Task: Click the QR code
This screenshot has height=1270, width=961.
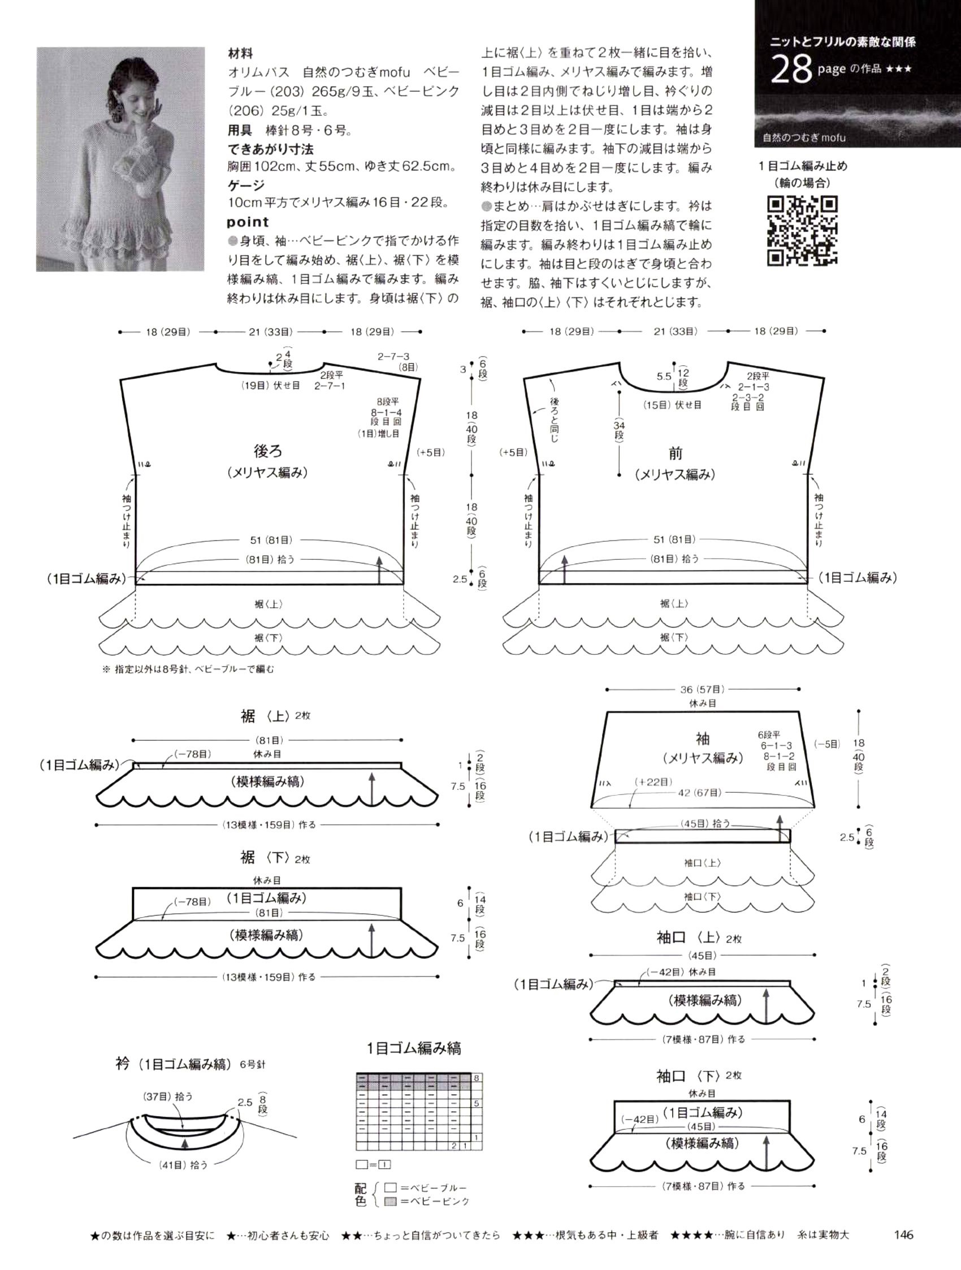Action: click(802, 231)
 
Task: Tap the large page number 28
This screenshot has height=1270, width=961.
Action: click(790, 70)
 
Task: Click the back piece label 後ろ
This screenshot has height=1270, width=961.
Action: click(268, 451)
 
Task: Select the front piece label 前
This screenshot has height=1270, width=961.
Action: click(675, 453)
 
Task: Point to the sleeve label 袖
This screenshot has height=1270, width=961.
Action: click(702, 738)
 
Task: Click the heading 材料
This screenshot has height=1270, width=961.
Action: click(240, 54)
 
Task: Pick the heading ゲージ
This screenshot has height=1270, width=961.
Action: click(246, 185)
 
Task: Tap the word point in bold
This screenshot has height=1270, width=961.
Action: click(248, 222)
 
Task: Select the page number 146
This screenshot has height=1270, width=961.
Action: click(903, 1234)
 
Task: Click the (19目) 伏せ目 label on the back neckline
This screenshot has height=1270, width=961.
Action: click(270, 386)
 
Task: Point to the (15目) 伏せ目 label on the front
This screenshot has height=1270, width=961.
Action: click(672, 405)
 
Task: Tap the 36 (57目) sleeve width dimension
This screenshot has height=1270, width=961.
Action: click(702, 689)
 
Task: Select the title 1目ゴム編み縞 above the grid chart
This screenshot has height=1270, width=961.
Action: click(414, 1048)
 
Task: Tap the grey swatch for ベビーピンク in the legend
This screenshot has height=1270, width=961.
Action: click(391, 1200)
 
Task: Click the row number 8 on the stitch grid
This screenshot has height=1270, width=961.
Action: click(476, 1078)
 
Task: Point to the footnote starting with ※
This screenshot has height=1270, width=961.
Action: click(188, 669)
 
